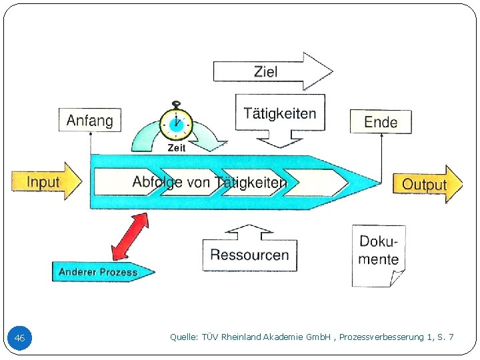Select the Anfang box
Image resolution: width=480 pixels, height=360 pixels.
(90, 121)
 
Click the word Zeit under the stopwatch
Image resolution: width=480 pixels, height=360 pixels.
(177, 148)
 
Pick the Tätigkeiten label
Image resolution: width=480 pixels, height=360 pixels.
(280, 113)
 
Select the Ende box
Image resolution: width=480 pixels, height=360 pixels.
(381, 122)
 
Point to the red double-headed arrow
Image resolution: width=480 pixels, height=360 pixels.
(130, 236)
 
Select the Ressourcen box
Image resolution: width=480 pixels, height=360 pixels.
(249, 254)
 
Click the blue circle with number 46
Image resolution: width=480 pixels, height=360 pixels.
(19, 339)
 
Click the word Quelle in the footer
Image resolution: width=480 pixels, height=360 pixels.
(183, 337)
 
